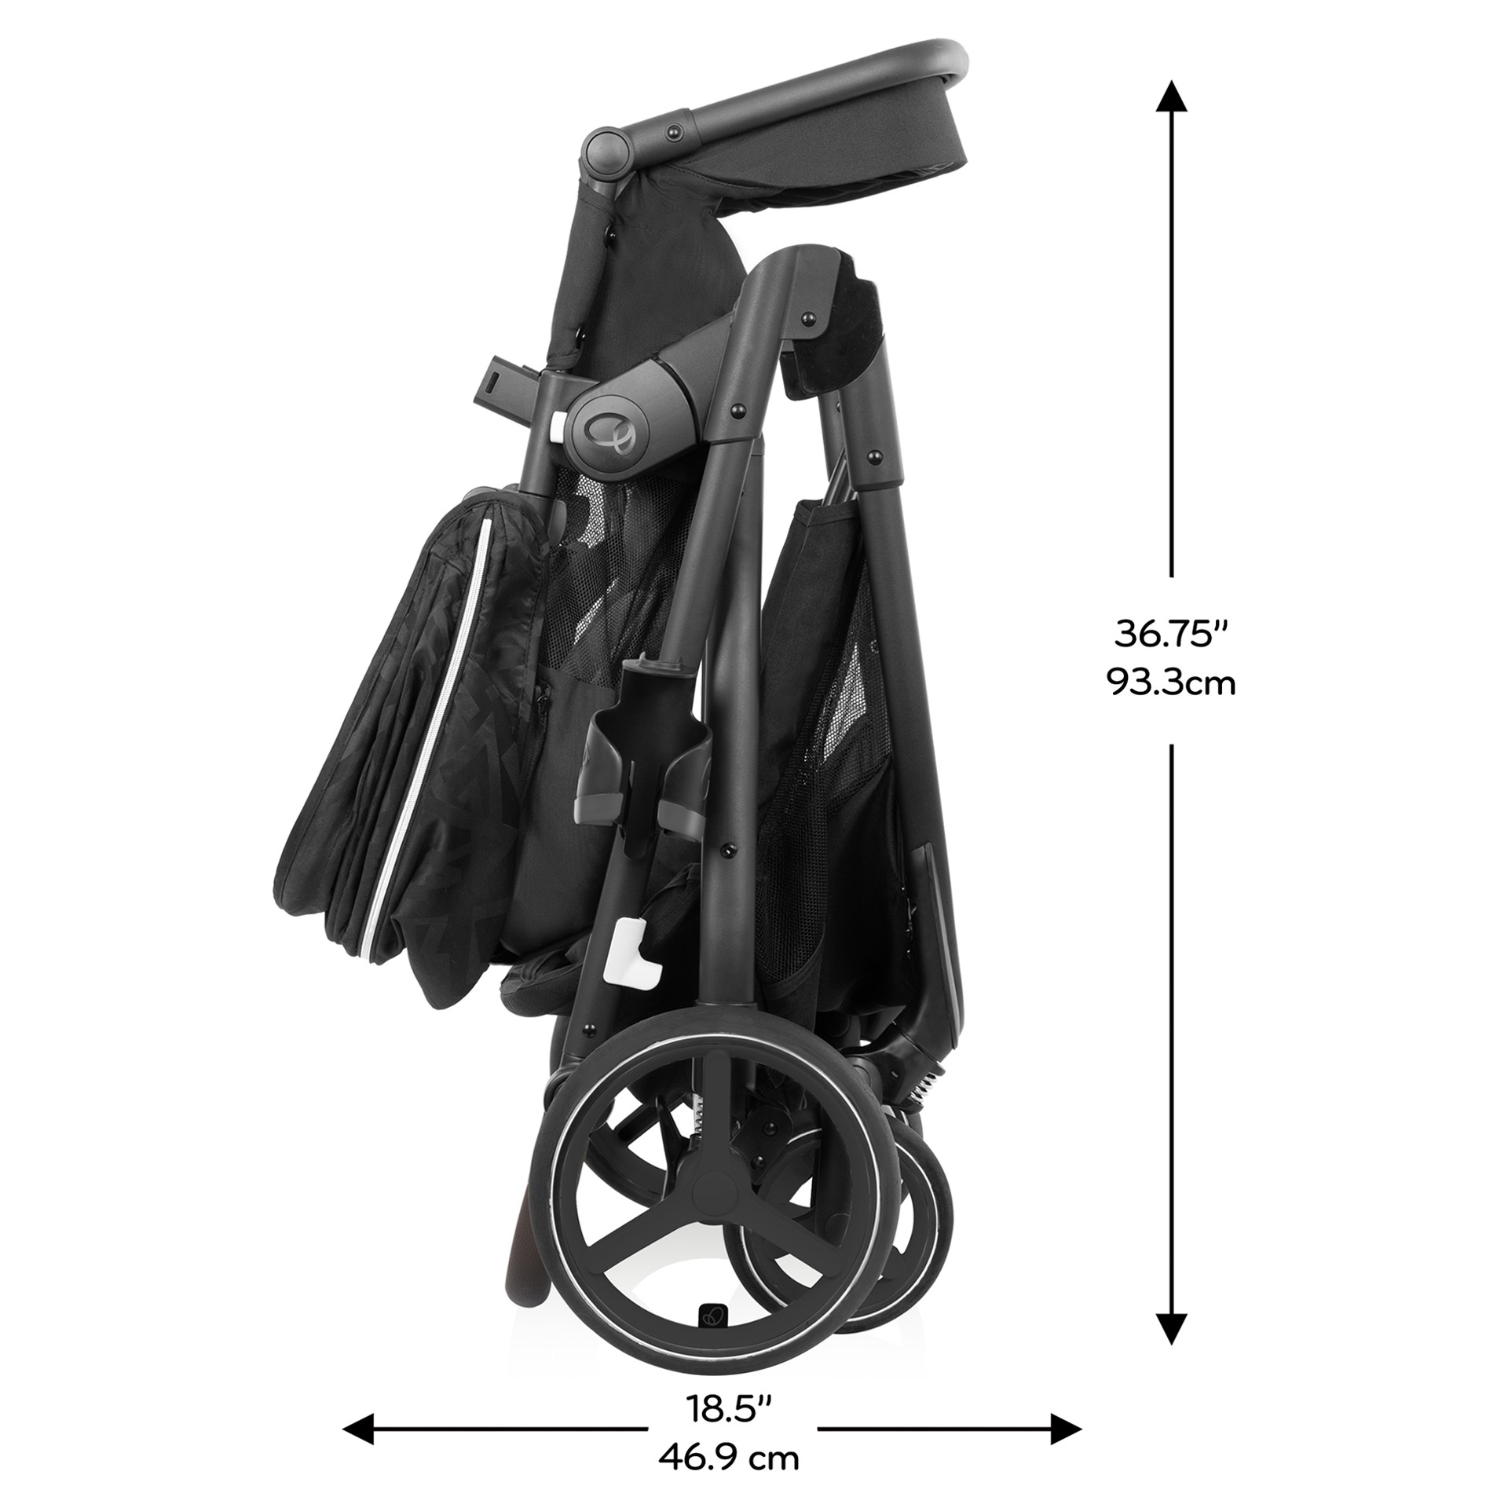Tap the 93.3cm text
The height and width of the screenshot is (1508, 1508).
(x=1171, y=683)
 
